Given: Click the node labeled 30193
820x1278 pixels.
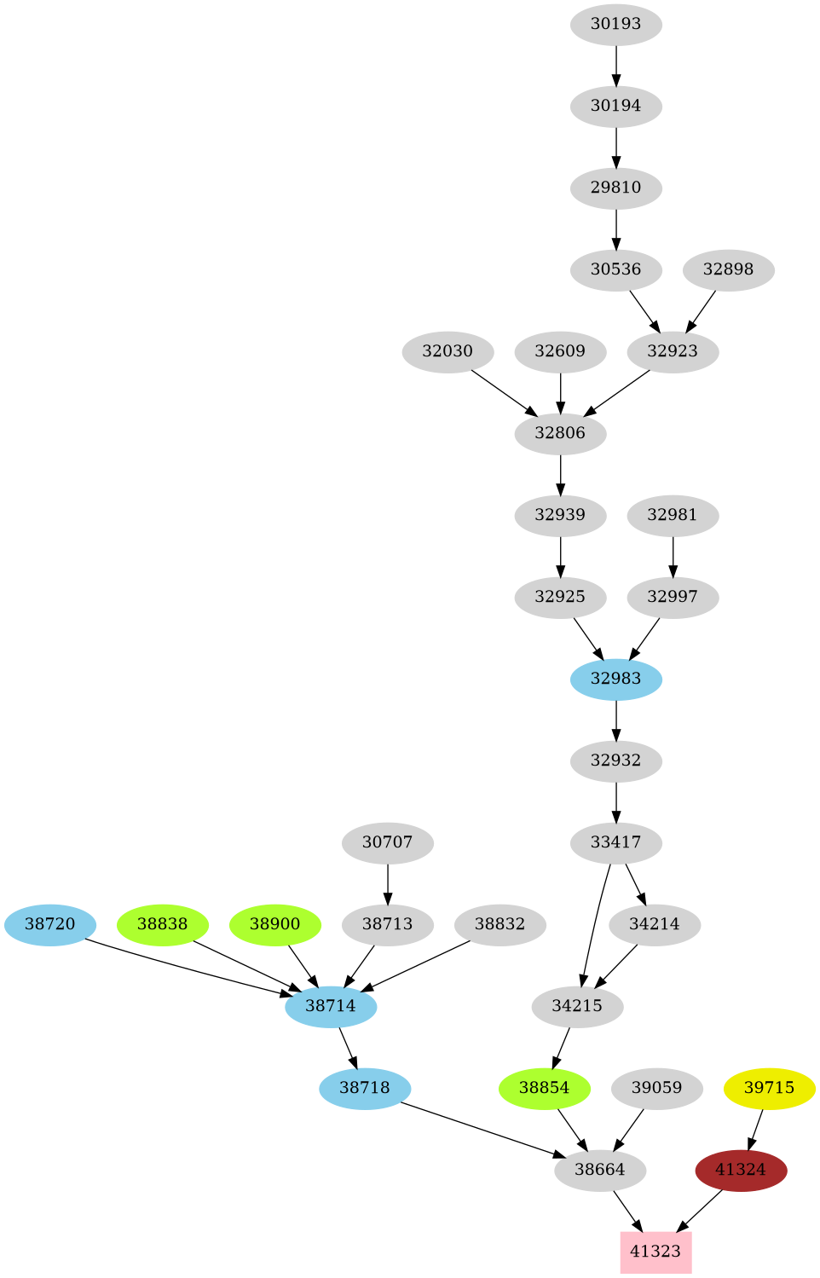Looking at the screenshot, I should click(x=615, y=24).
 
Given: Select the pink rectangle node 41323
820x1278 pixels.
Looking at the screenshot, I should click(x=655, y=1251).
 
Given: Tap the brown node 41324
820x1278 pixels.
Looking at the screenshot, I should click(x=741, y=1170).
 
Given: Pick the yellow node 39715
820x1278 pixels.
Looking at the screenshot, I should click(x=769, y=1088).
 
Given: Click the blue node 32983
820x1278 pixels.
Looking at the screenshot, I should click(x=615, y=679).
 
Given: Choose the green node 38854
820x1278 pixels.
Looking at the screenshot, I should click(x=544, y=1088).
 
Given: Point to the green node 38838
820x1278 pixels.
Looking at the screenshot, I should click(x=162, y=924).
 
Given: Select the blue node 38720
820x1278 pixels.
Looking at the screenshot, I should click(x=49, y=924).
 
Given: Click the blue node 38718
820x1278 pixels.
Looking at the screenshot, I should click(x=364, y=1088).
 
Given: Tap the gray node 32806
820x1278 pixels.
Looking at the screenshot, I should click(x=560, y=433).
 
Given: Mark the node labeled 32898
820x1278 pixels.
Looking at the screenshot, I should click(x=728, y=269).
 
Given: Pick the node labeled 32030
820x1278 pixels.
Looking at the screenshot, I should click(x=448, y=351).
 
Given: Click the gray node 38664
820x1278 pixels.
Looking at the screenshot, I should click(x=599, y=1170).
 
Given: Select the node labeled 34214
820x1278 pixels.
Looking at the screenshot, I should click(x=654, y=924).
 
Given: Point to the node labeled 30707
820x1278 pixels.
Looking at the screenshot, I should click(x=387, y=842).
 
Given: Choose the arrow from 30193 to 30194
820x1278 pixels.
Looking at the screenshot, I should click(x=615, y=65).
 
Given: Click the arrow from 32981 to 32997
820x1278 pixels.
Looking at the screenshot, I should click(x=673, y=556).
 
